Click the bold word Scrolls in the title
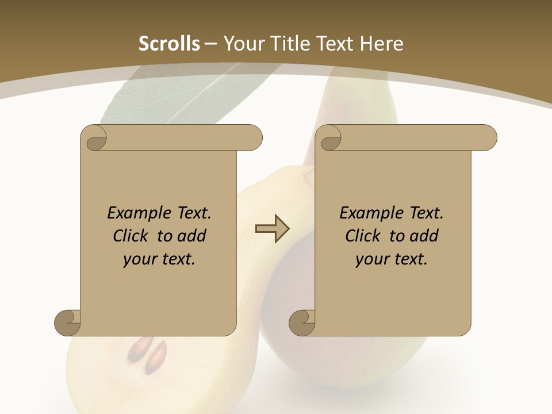(170, 44)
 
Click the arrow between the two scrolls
(272, 229)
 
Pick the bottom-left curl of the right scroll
(302, 322)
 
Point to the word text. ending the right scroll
(409, 259)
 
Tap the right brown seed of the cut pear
(156, 356)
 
